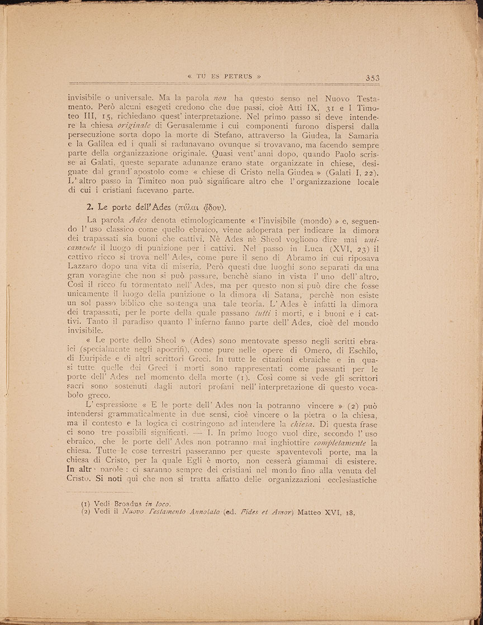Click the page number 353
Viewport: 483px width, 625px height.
[372, 78]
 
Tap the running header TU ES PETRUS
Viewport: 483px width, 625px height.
[225, 77]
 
